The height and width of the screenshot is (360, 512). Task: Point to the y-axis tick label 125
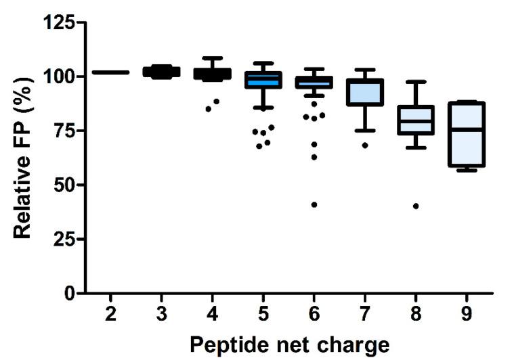click(59, 22)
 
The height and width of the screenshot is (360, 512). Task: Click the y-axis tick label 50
click(64, 185)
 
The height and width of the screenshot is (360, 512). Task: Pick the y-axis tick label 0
click(70, 294)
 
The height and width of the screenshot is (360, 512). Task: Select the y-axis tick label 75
click(64, 131)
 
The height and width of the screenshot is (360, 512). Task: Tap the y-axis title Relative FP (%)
click(24, 158)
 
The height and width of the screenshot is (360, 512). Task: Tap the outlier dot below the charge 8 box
click(416, 206)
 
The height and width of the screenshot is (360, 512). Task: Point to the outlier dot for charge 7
click(366, 145)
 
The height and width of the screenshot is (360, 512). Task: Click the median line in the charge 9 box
click(467, 129)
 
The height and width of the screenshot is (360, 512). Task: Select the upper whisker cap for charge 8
click(417, 82)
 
